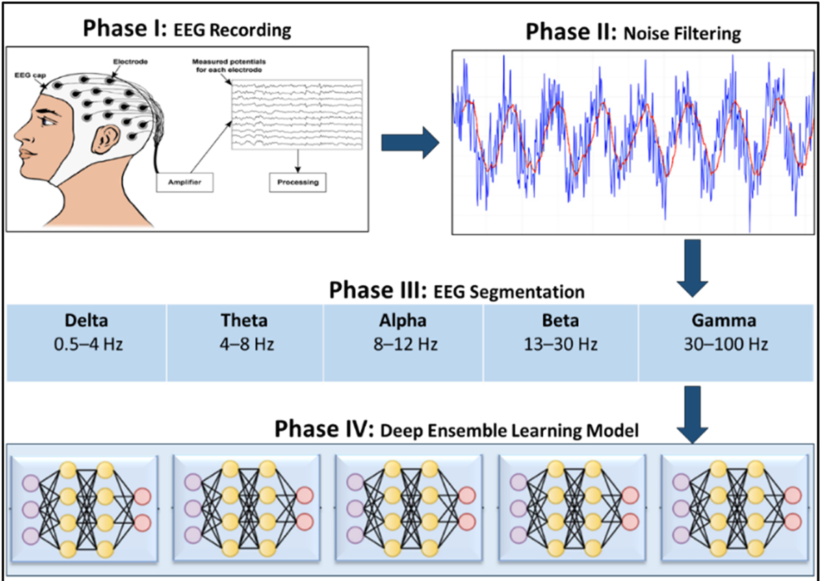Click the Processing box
pyautogui.click(x=298, y=183)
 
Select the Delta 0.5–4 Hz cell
pyautogui.click(x=87, y=333)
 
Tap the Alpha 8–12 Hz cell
pyautogui.click(x=404, y=333)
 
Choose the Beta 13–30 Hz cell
pyautogui.click(x=561, y=333)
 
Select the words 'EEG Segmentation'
pyautogui.click(x=509, y=292)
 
